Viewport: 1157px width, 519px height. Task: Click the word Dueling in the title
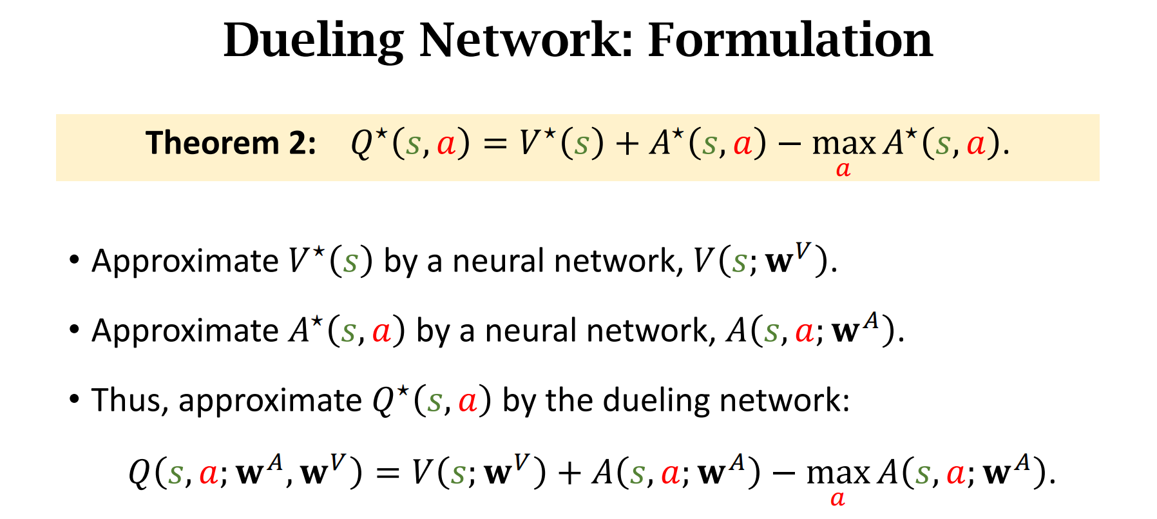tap(314, 41)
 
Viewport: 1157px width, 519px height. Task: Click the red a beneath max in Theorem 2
tap(843, 170)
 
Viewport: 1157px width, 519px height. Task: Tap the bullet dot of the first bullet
tap(75, 260)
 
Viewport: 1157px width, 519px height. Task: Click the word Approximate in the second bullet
tap(185, 331)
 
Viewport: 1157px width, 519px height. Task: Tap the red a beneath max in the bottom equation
tap(837, 498)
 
